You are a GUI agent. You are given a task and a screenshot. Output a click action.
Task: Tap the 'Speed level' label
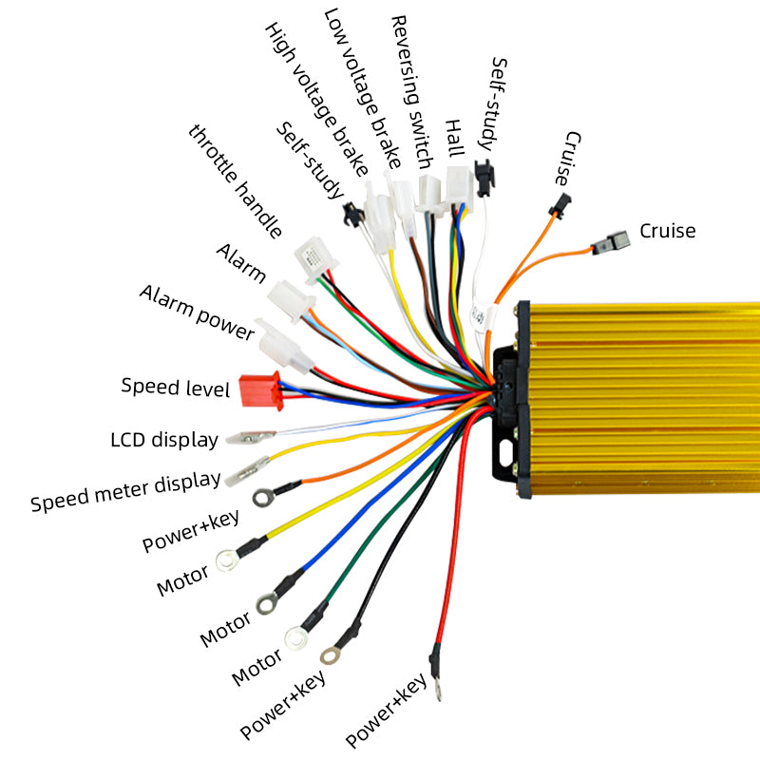(x=176, y=388)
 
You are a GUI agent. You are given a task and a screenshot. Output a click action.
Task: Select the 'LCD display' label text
(x=164, y=440)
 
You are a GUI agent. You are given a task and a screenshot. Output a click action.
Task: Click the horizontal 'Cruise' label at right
(x=667, y=230)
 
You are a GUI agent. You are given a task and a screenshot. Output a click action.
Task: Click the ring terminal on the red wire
(x=438, y=690)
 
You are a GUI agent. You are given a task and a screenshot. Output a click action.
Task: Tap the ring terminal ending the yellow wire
(x=227, y=562)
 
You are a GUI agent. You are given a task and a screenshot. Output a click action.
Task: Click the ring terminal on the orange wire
(x=263, y=497)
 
